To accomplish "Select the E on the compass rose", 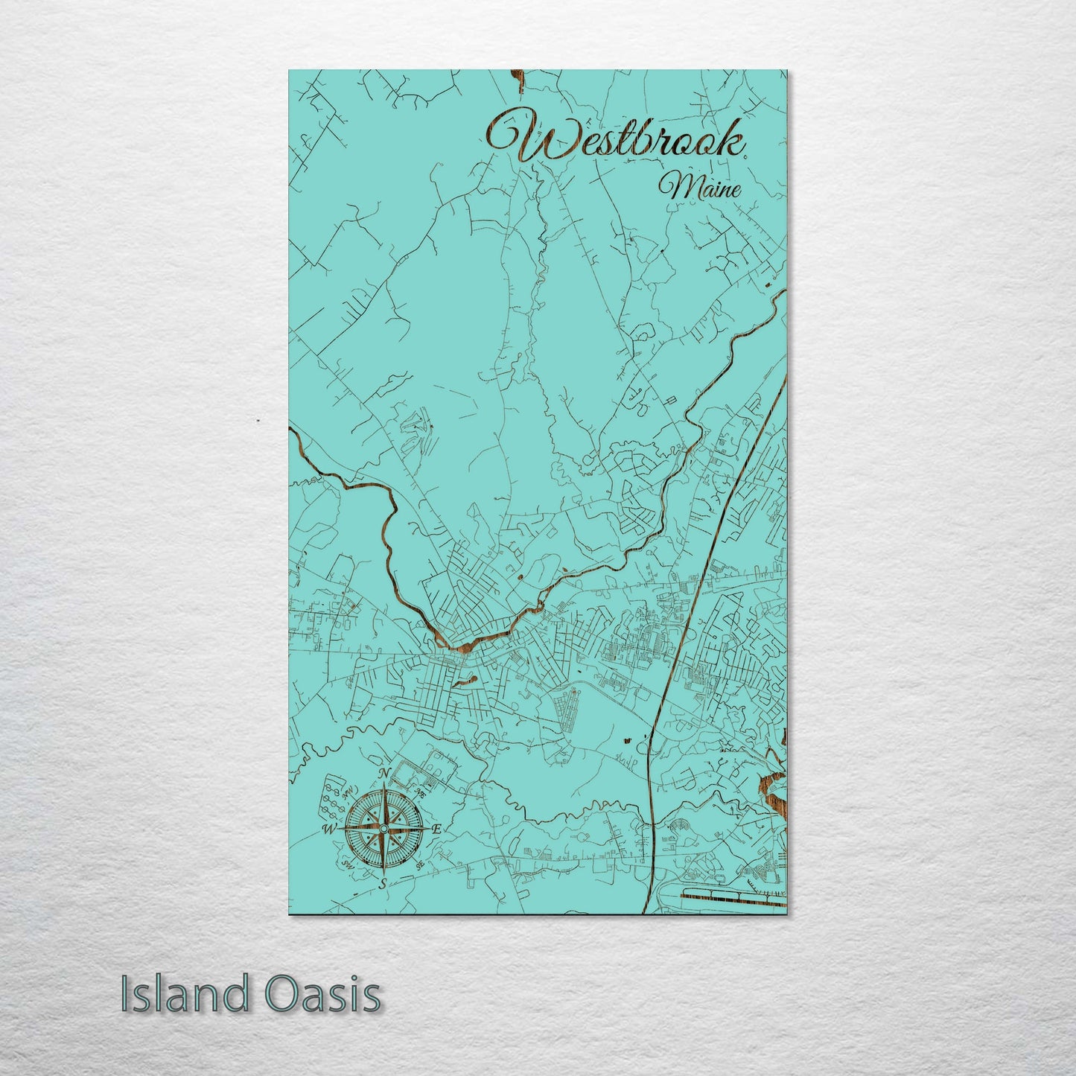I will point(437,829).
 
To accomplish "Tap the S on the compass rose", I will point(383,884).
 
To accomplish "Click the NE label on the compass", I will point(420,796).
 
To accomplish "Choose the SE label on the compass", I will point(421,864).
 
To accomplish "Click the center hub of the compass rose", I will point(383,829).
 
